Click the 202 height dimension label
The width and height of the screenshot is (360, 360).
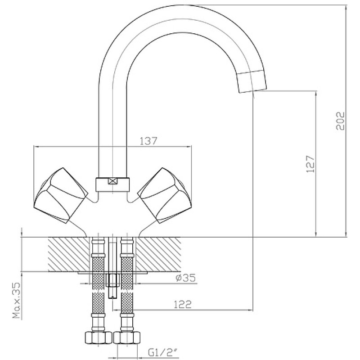point(341,121)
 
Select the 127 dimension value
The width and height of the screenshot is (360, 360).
point(310,164)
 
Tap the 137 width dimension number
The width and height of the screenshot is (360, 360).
point(148,141)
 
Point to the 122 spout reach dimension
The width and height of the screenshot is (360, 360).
point(182,305)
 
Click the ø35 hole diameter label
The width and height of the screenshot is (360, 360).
point(185,278)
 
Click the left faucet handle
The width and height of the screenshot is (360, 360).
point(61,195)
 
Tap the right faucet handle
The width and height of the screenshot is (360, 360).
point(164,195)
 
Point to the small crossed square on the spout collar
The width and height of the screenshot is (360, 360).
point(112,181)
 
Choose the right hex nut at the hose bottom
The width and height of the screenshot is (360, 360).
point(127,338)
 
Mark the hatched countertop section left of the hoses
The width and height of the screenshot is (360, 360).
point(68,254)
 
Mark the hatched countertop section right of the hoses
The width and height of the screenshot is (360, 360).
point(159,254)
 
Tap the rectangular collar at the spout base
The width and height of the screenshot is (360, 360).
point(112,184)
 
